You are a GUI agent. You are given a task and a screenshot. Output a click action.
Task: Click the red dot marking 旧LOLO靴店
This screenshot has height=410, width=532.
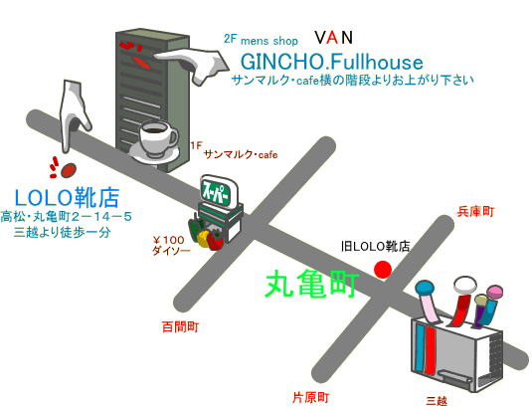383,270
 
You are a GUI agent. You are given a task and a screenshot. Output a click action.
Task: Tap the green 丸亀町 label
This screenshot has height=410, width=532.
312,284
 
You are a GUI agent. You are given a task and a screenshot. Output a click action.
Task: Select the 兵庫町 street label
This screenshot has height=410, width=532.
475,211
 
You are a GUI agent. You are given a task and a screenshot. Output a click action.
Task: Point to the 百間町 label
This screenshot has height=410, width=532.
180,326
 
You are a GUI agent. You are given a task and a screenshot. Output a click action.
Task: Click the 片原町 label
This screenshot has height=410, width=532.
310,397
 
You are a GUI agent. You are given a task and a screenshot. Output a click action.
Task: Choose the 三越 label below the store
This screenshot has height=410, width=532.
437,401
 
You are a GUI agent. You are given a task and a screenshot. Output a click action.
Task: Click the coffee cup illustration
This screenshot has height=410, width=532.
156,141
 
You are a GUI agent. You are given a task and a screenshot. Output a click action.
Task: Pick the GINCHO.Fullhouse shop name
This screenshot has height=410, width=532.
332,62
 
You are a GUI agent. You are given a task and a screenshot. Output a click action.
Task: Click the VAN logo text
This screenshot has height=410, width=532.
333,38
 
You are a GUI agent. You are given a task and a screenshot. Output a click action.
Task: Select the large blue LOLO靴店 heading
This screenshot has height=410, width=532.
68,197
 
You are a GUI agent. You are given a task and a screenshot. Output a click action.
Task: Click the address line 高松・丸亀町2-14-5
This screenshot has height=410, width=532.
66,217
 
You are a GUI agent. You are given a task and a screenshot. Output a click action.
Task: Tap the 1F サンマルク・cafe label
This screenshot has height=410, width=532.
234,150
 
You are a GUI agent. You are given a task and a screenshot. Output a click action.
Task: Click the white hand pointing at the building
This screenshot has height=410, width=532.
192,66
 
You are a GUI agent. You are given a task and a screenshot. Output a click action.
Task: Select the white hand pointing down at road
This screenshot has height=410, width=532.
75,113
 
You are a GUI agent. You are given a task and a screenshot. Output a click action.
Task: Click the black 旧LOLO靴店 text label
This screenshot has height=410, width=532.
375,247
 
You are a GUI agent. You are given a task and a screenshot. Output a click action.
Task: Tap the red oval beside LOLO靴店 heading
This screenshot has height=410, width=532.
69,170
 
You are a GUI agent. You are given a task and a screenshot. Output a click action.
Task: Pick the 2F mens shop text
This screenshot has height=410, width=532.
261,40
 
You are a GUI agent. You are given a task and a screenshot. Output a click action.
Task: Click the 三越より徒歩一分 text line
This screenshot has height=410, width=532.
62,232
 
